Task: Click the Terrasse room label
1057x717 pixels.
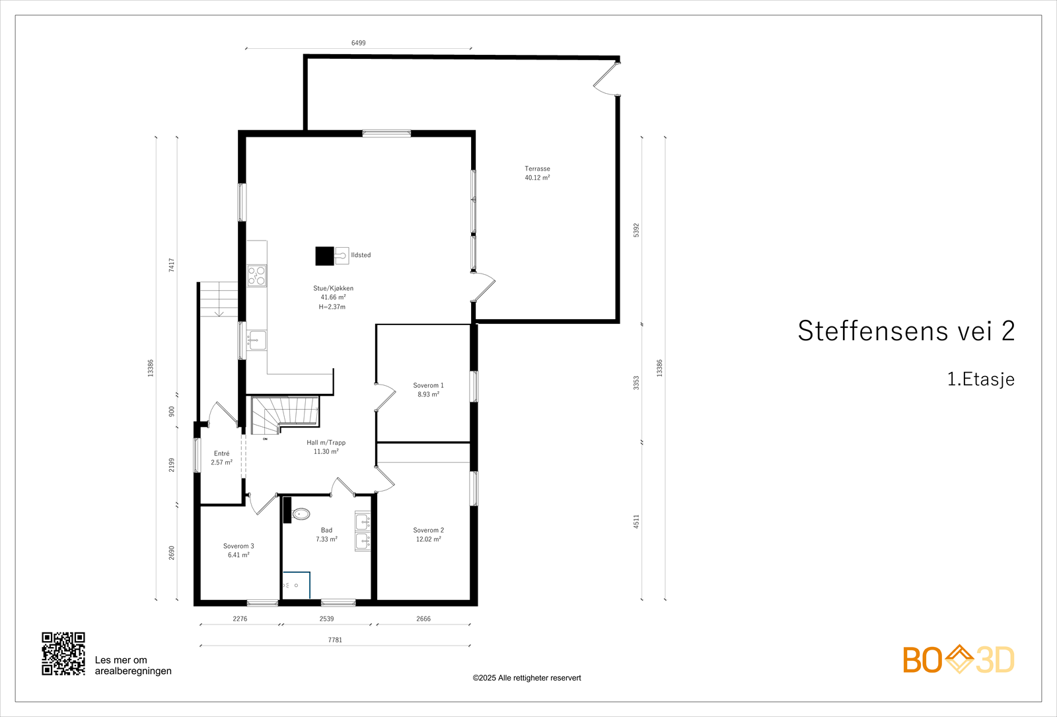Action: (537, 169)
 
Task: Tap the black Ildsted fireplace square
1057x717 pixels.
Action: (324, 256)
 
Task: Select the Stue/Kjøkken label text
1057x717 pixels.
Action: (333, 288)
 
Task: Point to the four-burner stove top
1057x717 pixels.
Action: (257, 276)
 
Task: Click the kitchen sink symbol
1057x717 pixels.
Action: (256, 340)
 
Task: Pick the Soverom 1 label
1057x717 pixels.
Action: (428, 385)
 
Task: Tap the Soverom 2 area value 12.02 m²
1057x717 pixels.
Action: (428, 539)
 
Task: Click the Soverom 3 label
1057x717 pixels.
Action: (238, 546)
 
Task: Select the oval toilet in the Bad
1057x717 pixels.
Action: (301, 513)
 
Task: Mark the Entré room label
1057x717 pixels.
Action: (221, 453)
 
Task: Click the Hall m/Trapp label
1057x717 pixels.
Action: (326, 443)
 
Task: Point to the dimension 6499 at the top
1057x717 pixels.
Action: (358, 43)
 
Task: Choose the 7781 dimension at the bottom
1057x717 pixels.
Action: (335, 640)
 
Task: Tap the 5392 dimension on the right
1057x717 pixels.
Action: (636, 230)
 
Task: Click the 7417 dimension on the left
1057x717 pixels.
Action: (172, 265)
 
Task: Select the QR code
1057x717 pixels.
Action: (63, 654)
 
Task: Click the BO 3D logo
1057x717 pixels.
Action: (958, 660)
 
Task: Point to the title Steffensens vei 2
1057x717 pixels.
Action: (906, 331)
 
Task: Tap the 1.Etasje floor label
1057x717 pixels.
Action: (980, 379)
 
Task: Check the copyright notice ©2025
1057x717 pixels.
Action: (527, 678)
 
